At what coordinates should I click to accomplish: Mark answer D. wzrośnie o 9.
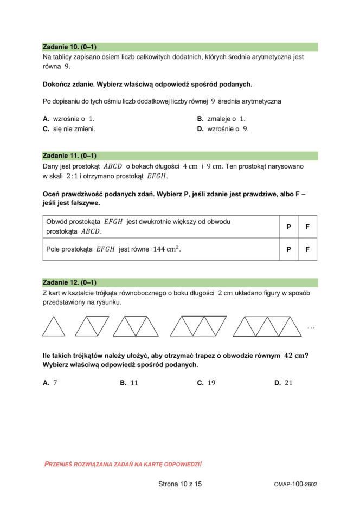[x=223, y=129]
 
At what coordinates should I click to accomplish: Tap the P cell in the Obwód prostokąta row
[x=288, y=227]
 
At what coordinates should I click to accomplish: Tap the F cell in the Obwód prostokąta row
[x=307, y=227]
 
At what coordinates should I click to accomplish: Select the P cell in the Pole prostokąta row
[x=288, y=249]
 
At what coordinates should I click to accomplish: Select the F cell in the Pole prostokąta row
[x=307, y=249]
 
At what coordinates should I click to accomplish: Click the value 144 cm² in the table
[x=166, y=249]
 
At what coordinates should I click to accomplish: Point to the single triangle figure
[x=53, y=327]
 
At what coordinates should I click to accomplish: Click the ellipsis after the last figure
[x=311, y=328]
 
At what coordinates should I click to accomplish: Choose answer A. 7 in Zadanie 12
[x=50, y=383]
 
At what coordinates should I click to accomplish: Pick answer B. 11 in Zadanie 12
[x=129, y=383]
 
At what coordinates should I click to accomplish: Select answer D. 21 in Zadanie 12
[x=284, y=383]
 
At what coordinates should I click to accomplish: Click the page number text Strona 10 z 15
[x=180, y=484]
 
